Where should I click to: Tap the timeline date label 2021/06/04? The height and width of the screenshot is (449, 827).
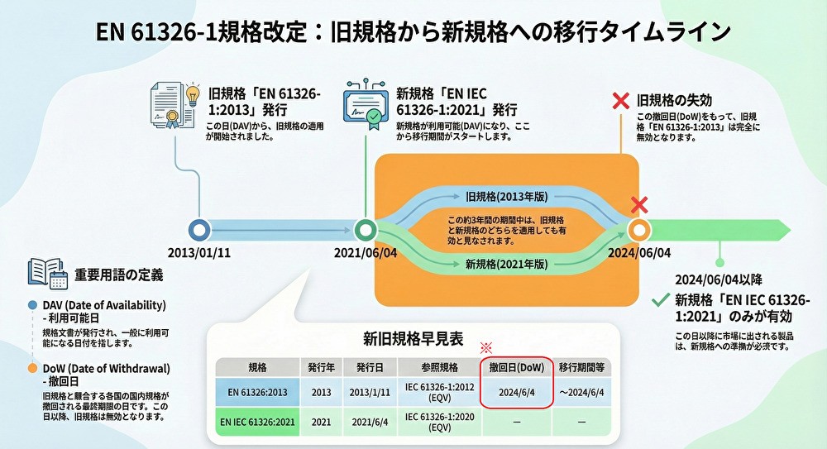tap(366, 252)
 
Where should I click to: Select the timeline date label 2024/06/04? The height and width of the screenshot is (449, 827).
tap(639, 252)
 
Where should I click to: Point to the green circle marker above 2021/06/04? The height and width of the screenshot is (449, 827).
tap(366, 230)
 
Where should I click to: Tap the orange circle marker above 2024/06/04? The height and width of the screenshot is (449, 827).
tap(639, 230)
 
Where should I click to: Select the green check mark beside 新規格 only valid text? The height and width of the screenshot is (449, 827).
tap(661, 299)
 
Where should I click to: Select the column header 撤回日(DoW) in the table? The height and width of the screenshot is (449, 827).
tap(516, 366)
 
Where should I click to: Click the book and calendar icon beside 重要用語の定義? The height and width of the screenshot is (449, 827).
tap(47, 273)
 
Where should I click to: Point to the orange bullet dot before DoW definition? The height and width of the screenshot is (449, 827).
tap(32, 368)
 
